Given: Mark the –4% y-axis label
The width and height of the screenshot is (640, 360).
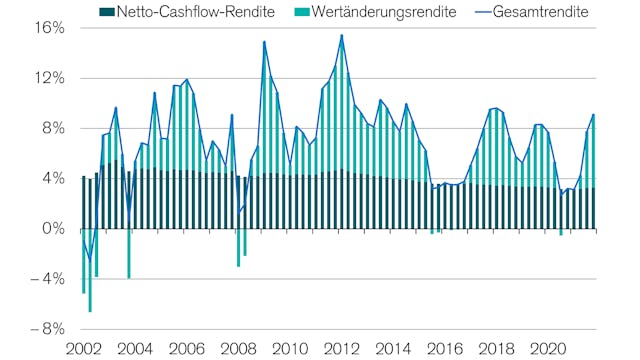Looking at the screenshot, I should point(47,279).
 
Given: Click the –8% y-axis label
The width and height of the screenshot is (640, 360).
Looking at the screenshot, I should point(47,329).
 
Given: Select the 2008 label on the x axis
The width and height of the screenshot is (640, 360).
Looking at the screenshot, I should point(237,349).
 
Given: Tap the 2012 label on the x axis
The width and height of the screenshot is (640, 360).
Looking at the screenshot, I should point(341,349).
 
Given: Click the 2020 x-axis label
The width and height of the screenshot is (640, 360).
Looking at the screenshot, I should point(547,349).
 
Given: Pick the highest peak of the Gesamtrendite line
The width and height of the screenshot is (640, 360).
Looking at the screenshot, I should point(341,36).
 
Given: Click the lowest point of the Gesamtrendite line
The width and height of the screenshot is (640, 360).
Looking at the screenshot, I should point(90,259).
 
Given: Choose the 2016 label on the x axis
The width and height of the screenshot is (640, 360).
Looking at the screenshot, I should point(444,349).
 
